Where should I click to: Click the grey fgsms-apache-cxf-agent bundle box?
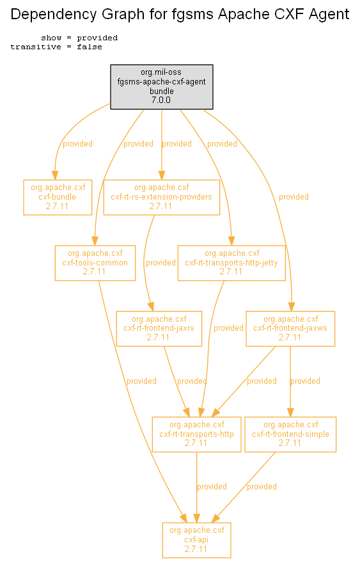click(x=162, y=87)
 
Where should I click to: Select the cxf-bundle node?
click(x=58, y=197)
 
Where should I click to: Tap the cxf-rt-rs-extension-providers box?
click(x=162, y=197)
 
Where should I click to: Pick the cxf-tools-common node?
click(x=95, y=263)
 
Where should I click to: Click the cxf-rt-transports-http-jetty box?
click(x=231, y=263)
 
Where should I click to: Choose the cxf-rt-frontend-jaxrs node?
click(x=159, y=328)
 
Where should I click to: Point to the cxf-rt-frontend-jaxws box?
click(x=290, y=328)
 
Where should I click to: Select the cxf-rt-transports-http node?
click(x=196, y=434)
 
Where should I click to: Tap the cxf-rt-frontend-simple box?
click(x=290, y=434)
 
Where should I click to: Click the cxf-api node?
click(x=196, y=540)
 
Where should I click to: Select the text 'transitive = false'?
click(x=56, y=47)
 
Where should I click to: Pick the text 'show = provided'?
click(x=79, y=38)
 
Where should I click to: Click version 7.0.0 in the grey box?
click(x=161, y=100)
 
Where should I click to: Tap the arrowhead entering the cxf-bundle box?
click(x=55, y=175)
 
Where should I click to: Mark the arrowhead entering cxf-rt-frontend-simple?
click(x=290, y=413)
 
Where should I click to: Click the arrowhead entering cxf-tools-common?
click(x=95, y=241)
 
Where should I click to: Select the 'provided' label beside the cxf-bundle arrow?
click(x=77, y=144)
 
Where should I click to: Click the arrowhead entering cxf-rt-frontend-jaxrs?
click(x=151, y=306)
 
